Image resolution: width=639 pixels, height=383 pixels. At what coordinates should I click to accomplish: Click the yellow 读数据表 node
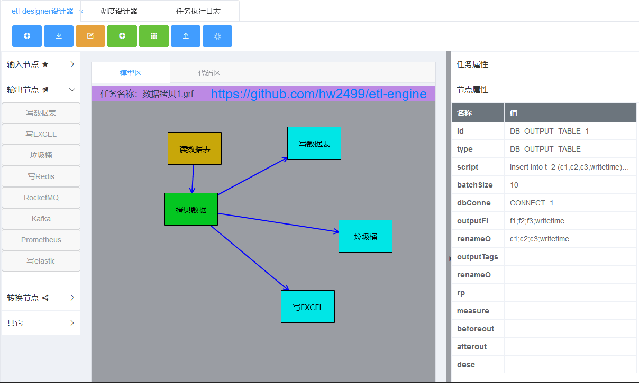(194, 148)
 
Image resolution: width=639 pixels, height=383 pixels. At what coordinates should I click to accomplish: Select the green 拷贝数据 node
(191, 209)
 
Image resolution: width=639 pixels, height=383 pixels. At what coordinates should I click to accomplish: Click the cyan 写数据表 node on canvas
(314, 143)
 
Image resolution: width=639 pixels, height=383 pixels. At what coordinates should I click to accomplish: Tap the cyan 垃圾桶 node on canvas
(366, 236)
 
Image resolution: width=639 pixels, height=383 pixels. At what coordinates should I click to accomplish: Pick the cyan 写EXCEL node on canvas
(308, 306)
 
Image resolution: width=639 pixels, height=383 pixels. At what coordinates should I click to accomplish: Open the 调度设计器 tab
(119, 11)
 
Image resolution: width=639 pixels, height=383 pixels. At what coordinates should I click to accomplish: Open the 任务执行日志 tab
(198, 11)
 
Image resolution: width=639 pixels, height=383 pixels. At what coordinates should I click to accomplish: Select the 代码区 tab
(209, 73)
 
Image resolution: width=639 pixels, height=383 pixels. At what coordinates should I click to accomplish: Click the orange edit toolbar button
(90, 36)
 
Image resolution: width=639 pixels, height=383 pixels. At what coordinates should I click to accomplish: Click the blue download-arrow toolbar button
(59, 36)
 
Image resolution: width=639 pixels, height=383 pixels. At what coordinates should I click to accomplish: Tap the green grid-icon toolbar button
(154, 36)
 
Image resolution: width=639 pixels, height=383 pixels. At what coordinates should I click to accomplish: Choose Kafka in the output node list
(41, 219)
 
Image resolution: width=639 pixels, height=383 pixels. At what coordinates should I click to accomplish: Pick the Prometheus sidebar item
(41, 240)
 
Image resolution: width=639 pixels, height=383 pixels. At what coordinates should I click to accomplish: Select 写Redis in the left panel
(41, 176)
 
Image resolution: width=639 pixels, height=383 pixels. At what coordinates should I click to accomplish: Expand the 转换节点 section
(41, 297)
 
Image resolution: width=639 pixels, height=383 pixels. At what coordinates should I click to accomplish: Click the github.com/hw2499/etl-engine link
(318, 94)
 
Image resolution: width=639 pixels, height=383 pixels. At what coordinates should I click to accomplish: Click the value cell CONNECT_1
(532, 203)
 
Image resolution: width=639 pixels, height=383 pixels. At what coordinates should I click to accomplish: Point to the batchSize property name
(474, 185)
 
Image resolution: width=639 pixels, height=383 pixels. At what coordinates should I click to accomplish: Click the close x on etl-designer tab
(81, 11)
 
